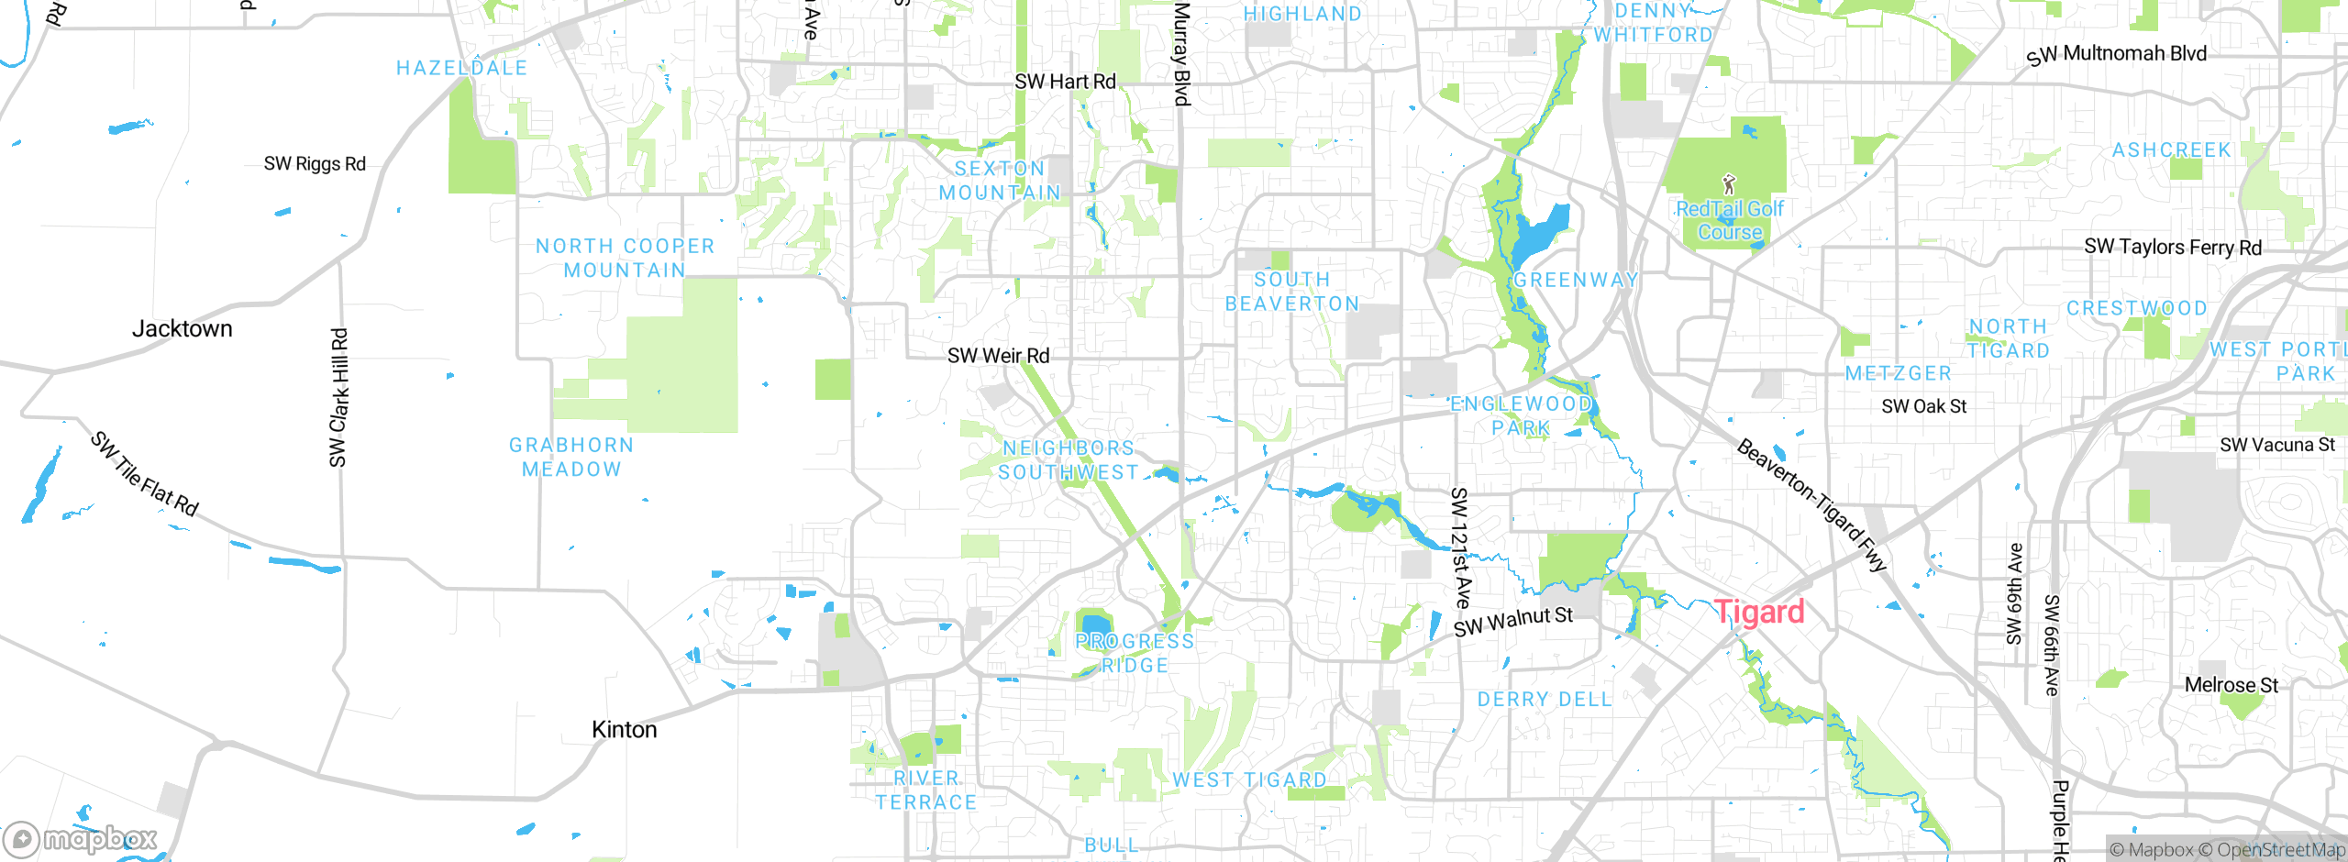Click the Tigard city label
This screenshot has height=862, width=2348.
1759,612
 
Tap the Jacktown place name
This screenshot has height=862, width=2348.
182,328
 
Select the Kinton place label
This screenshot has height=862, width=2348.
624,729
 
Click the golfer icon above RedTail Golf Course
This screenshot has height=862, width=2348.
1729,184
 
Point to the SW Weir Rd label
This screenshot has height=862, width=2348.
998,356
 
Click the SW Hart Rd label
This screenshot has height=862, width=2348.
1065,82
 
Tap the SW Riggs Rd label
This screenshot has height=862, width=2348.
315,164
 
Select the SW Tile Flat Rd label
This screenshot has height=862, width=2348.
144,474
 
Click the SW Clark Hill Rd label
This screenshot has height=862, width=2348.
339,397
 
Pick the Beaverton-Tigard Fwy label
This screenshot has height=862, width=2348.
1811,505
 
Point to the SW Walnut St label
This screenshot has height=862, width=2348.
1513,622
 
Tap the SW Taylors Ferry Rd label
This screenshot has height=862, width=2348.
2172,247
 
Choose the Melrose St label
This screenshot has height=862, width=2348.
2231,685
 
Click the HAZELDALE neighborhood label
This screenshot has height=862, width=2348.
461,68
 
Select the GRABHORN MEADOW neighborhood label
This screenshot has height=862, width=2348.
571,457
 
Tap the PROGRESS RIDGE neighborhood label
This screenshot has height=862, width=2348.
1135,653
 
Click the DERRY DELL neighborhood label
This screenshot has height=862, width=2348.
1544,700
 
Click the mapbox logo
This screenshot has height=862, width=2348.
81,838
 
